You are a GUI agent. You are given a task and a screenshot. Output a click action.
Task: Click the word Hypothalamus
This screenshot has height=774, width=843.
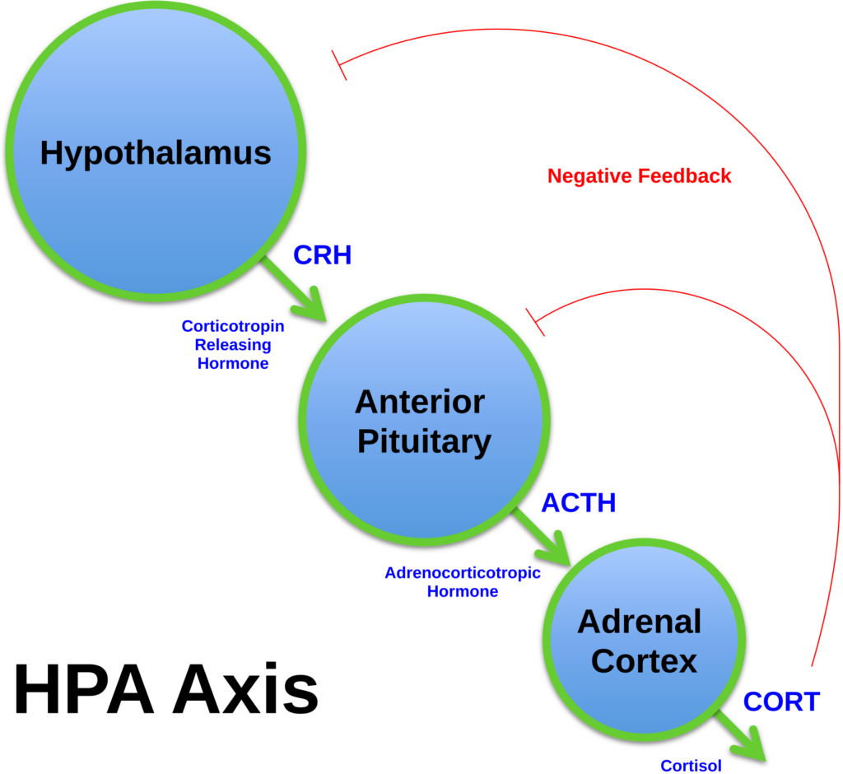pyautogui.click(x=156, y=153)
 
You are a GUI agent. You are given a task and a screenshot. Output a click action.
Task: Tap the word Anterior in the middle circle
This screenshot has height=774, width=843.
pyautogui.click(x=420, y=402)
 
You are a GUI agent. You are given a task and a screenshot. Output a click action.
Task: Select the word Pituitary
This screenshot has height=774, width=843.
pyautogui.click(x=424, y=441)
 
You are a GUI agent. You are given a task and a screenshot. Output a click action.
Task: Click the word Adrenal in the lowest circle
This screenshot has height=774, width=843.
pyautogui.click(x=639, y=621)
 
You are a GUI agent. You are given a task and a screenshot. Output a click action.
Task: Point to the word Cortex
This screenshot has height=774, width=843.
pyautogui.click(x=644, y=660)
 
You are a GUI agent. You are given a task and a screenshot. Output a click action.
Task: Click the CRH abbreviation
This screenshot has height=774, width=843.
pyautogui.click(x=323, y=255)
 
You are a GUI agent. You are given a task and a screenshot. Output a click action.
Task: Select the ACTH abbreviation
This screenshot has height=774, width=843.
pyautogui.click(x=578, y=503)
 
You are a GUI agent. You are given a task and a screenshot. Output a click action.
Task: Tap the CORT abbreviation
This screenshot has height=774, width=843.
pyautogui.click(x=781, y=702)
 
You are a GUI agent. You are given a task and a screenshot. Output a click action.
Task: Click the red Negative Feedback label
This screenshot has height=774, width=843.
pyautogui.click(x=639, y=176)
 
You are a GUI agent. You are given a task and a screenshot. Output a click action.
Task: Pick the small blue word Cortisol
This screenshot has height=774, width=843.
pyautogui.click(x=691, y=766)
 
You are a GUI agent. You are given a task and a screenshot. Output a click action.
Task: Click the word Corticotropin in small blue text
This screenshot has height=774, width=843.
pyautogui.click(x=233, y=326)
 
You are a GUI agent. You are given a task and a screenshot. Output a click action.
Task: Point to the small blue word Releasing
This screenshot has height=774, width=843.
pyautogui.click(x=233, y=344)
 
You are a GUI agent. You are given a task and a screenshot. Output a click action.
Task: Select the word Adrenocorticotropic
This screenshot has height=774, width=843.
pyautogui.click(x=463, y=572)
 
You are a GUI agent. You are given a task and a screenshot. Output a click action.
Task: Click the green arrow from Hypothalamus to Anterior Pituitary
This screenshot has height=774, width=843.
pyautogui.click(x=296, y=289)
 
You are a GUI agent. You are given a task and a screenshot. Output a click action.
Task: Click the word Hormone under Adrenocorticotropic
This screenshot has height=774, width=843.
pyautogui.click(x=463, y=591)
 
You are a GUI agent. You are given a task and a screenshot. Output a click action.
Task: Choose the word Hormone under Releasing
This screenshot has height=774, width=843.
pyautogui.click(x=233, y=363)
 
